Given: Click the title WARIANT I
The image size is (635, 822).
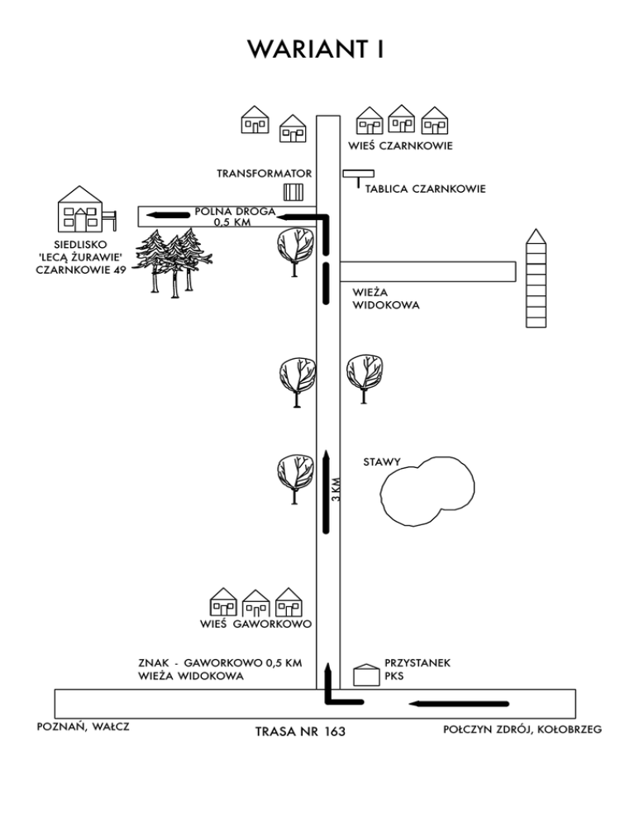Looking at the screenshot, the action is tap(316, 50).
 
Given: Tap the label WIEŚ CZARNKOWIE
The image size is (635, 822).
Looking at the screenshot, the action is tap(400, 146).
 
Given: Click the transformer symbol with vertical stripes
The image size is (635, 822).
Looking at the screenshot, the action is tap(294, 192).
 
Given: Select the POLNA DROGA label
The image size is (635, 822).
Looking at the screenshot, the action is tap(235, 211).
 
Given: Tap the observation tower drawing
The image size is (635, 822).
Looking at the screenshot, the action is tap(536, 279).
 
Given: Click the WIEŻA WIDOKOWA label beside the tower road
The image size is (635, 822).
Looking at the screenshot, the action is tap(385, 299).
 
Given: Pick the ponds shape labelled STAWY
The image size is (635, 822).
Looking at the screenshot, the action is tap(427, 491).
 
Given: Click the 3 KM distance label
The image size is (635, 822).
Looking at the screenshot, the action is tap(337, 489).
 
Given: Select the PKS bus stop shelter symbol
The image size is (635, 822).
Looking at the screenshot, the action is tap(366, 675).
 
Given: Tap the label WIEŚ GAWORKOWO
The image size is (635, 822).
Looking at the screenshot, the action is tap(255, 624).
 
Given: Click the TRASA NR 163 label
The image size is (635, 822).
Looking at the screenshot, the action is tap(300, 731).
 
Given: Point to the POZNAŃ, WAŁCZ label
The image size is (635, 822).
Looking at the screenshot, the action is tap(83, 727).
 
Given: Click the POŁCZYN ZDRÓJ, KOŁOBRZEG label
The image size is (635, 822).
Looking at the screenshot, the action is tap(523, 729).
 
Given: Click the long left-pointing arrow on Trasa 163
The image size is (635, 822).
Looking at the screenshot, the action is tap(459, 704).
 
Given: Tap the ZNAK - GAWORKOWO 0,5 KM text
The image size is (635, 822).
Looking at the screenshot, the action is tap(220, 662).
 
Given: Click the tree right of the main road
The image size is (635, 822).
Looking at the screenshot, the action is tap(365, 379).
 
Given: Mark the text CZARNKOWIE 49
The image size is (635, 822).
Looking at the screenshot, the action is tap(81, 270).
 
